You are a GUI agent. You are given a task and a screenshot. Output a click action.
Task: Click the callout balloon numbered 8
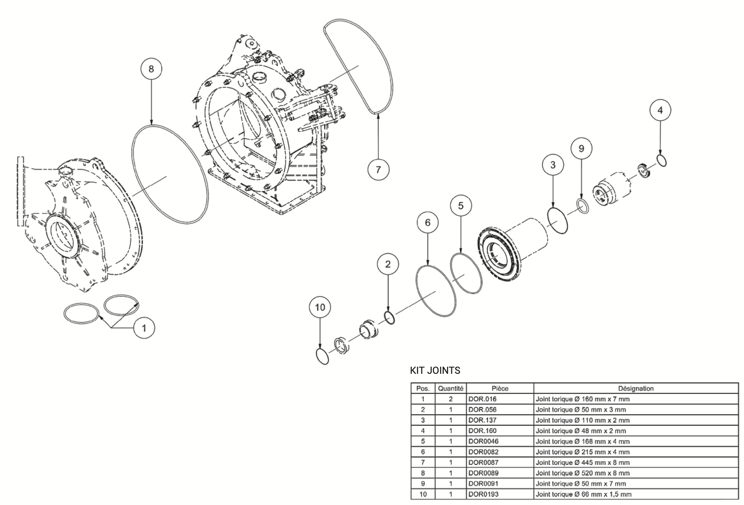151,69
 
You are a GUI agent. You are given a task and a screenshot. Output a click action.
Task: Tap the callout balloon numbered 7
378,169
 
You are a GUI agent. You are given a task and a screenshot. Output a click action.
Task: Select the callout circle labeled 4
660,110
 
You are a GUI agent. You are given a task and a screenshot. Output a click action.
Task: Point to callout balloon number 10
320,307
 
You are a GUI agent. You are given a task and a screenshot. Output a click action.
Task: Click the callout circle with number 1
144,328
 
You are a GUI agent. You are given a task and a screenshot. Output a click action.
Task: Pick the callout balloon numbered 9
582,149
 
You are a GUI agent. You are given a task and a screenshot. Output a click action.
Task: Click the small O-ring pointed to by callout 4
661,160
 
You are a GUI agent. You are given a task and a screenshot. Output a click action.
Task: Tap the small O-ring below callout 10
322,356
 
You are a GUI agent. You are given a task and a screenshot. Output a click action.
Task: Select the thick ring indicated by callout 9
582,206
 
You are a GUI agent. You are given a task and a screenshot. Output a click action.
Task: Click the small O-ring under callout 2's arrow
390,318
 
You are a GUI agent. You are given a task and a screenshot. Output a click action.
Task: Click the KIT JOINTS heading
435,370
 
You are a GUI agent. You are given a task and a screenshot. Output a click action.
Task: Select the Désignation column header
636,388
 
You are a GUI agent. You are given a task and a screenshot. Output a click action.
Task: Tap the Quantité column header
450,388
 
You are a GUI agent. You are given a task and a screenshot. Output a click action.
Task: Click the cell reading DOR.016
482,399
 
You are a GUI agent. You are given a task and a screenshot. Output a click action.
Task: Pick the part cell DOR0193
483,494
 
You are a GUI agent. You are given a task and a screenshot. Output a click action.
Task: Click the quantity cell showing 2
450,399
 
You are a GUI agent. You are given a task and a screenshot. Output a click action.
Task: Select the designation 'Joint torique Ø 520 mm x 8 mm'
582,473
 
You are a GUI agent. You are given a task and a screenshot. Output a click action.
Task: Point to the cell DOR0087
483,463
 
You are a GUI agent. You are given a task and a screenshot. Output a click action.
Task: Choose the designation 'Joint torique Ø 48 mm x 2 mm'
580,431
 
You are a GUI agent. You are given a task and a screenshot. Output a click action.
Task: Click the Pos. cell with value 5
423,441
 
